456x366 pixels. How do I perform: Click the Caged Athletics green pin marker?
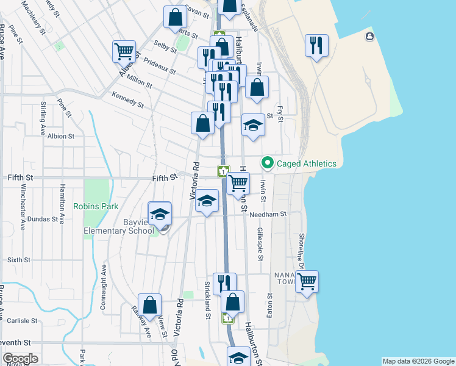pos(266,163)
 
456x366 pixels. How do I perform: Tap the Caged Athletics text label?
pos(307,163)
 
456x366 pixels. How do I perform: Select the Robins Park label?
pos(96,206)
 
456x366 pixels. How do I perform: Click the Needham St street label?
pos(272,214)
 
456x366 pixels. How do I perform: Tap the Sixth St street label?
pos(19,260)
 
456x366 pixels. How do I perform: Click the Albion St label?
pos(61,137)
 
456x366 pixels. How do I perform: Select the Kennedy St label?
pos(128,99)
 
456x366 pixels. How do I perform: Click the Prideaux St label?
pos(159,65)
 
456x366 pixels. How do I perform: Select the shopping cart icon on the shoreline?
pos(307,282)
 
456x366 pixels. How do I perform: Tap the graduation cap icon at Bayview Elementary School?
pos(160,214)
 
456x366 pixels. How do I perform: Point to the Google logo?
pos(20,359)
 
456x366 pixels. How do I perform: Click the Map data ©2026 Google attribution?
pos(418,361)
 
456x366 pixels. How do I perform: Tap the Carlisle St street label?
pos(23,320)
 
